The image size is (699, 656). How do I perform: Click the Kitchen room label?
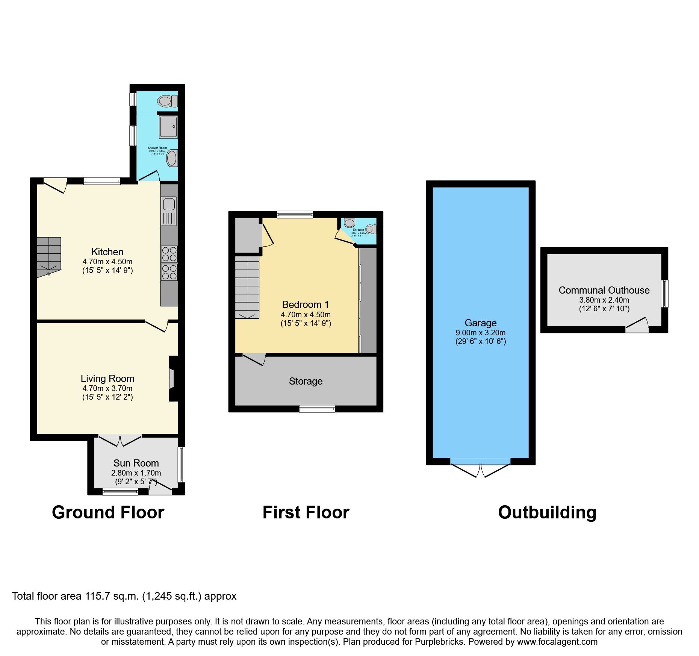[107, 252]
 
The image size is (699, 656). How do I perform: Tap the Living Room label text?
[107, 379]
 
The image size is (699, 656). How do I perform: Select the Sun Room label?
[136, 463]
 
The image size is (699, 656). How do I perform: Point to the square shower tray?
[168, 127]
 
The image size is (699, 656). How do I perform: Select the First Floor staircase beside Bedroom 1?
[247, 288]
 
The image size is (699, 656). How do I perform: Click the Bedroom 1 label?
[305, 305]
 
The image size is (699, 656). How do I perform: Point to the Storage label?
[306, 381]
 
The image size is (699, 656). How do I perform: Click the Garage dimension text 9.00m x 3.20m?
[480, 333]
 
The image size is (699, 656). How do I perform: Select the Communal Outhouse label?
[604, 290]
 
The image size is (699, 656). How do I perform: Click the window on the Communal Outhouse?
[664, 294]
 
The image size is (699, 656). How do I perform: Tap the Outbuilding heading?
[547, 512]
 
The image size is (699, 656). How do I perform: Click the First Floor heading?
[306, 512]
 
